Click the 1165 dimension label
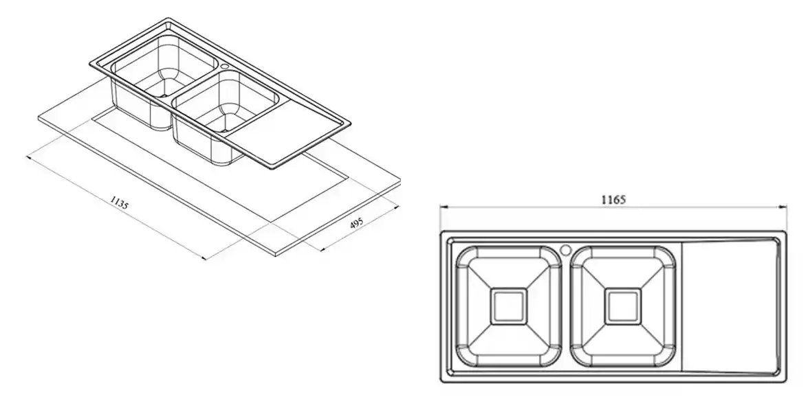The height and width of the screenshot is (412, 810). coord(613,200)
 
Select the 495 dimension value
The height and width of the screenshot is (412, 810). coord(355,224)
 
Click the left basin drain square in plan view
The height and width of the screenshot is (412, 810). coord(508,306)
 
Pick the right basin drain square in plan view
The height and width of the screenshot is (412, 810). coord(623,306)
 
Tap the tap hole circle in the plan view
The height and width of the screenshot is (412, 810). coord(566,249)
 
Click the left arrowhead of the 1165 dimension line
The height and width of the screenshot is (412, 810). coord(443,207)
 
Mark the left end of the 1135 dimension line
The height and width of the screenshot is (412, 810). coord(28,157)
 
